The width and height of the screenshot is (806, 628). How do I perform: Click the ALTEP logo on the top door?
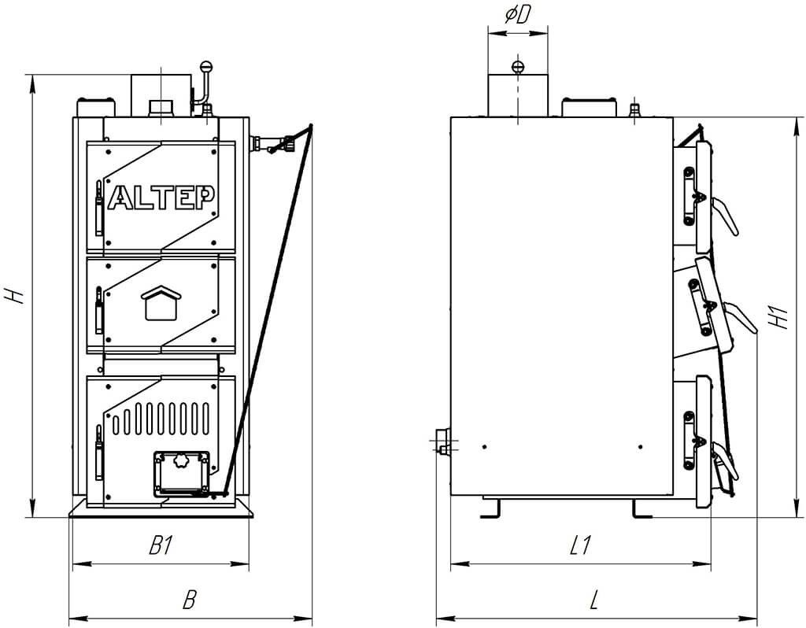[161, 196]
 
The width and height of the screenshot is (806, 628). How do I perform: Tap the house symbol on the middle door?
[161, 303]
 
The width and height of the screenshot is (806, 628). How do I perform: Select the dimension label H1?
[780, 318]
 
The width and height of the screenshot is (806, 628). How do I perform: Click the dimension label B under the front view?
[190, 599]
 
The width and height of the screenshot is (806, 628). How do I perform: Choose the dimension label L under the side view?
[595, 599]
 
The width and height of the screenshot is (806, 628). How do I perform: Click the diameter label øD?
[516, 16]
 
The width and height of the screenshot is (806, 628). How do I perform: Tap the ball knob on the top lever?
[206, 66]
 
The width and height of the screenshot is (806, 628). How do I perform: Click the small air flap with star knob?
[181, 473]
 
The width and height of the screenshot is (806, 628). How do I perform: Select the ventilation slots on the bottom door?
[161, 418]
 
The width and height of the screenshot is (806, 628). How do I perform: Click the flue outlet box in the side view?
[518, 95]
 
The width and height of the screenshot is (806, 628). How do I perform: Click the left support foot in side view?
[491, 508]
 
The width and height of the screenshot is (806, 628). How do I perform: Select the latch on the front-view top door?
[99, 208]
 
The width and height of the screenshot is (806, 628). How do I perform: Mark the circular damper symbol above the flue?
[518, 66]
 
